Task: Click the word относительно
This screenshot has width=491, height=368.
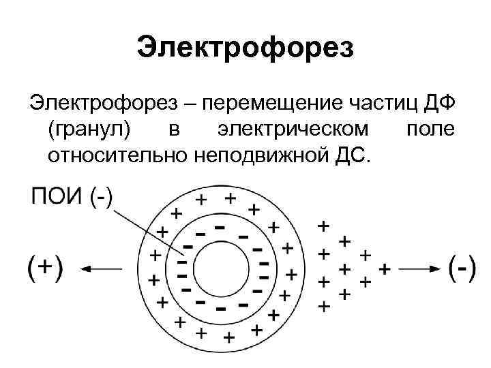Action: [117, 155]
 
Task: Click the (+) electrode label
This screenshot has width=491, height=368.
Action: [45, 268]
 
